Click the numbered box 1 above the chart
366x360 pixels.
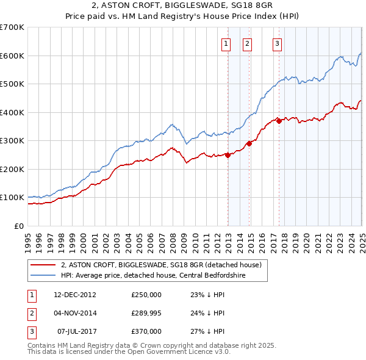pyautogui.click(x=226, y=43)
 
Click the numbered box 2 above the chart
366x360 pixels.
pyautogui.click(x=247, y=43)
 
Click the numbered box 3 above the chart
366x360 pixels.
pyautogui.click(x=277, y=43)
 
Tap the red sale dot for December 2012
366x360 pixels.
pyautogui.click(x=228, y=155)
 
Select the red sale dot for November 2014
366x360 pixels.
pyautogui.click(x=249, y=144)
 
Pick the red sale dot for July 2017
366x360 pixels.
pyautogui.click(x=279, y=121)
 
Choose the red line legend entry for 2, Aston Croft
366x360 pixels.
pyautogui.click(x=161, y=265)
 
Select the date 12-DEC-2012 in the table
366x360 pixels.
pyautogui.click(x=75, y=295)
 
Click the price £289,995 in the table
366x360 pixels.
pyautogui.click(x=146, y=313)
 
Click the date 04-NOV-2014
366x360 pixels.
pyautogui.click(x=75, y=313)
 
